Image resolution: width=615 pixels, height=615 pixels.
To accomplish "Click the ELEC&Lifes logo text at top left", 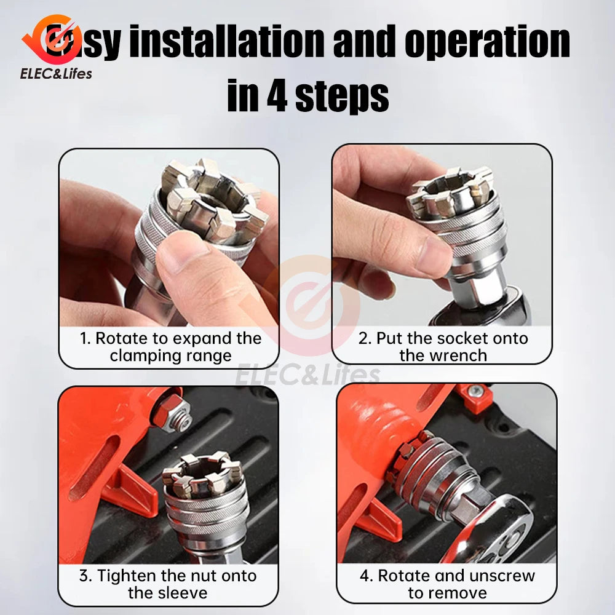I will coord(56,74).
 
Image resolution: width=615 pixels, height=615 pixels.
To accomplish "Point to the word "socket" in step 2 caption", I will coord(456,338).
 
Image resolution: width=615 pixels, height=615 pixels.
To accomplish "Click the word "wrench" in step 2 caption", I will coord(456,355).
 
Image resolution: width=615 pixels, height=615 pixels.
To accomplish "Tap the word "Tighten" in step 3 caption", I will coord(126,576).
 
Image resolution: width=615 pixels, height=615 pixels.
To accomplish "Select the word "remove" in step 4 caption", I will coord(460,593).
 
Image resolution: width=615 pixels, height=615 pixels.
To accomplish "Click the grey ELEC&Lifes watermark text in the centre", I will coord(307,374).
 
